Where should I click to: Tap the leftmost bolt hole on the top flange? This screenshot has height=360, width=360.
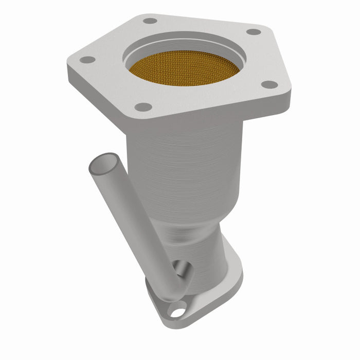pos(88,60)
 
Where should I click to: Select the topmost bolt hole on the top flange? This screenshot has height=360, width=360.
pos(150,21)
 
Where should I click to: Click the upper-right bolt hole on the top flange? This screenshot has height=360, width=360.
pos(253,32)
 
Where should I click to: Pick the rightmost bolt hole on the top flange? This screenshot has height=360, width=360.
pos(269,84)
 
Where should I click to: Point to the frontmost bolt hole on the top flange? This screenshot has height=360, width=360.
pos(143,107)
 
